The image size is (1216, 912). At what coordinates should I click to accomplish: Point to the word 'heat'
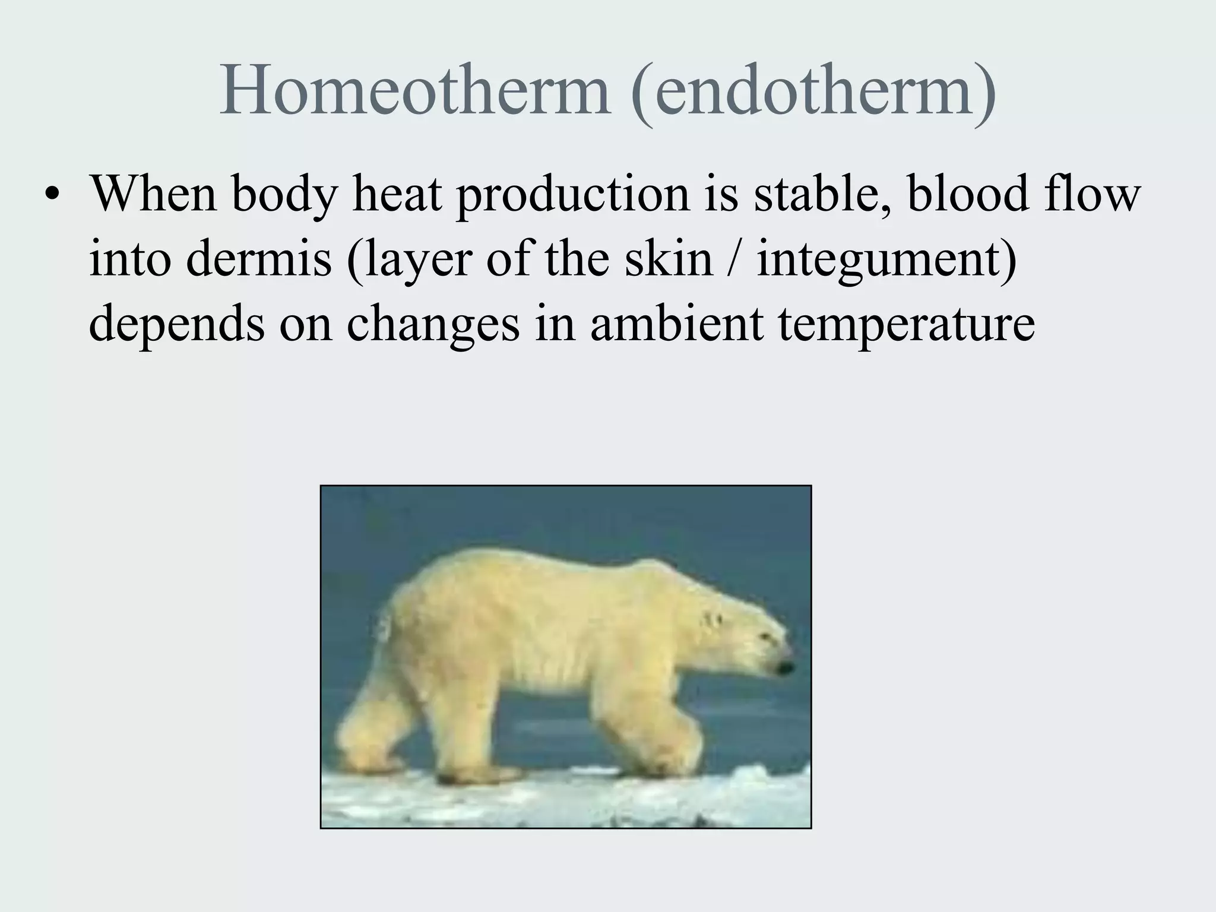(x=397, y=194)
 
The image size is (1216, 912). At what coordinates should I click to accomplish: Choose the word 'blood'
(x=968, y=194)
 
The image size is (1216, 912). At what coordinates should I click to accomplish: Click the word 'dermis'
(x=258, y=259)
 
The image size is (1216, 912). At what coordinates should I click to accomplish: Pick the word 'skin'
(x=668, y=259)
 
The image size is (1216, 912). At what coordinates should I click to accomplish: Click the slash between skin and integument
(x=734, y=259)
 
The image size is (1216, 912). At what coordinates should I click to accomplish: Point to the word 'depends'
(x=176, y=325)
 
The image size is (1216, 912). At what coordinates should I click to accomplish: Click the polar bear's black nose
(x=785, y=668)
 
